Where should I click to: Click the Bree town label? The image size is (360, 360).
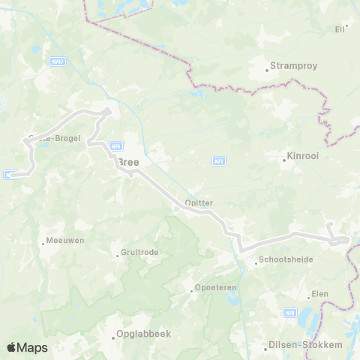point(128,161)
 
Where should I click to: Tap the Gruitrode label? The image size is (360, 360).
point(140,253)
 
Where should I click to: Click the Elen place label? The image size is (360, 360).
point(320,294)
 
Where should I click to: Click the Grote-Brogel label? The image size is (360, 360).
point(54,138)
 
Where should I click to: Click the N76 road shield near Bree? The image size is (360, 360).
point(116,146)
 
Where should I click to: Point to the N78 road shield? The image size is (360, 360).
point(291,312)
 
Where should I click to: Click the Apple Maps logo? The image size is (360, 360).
point(28,347)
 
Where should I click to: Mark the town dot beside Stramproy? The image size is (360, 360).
point(267,72)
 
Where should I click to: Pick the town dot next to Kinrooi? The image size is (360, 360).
point(281,160)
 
